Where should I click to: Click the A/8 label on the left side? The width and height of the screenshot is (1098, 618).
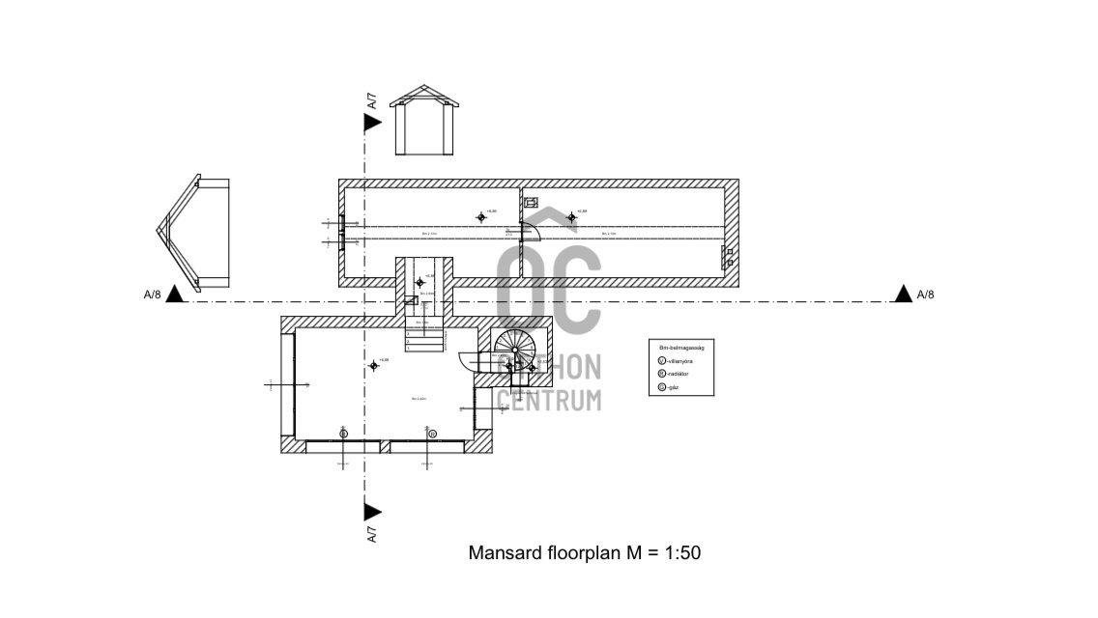[153, 295]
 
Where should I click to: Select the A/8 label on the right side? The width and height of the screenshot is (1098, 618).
[925, 295]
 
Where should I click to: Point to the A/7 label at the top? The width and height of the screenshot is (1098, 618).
[371, 100]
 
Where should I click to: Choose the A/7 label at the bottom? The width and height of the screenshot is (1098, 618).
[372, 534]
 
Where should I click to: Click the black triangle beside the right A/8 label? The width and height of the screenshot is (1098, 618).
[903, 294]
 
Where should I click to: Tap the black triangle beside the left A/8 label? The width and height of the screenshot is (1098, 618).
[175, 294]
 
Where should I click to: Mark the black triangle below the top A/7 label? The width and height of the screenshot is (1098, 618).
[372, 122]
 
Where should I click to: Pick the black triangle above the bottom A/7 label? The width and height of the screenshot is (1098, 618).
[372, 512]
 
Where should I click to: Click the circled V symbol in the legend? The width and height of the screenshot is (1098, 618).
[661, 360]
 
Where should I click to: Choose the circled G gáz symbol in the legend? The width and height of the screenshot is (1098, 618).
[661, 387]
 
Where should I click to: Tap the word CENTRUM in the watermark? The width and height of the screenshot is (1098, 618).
[548, 398]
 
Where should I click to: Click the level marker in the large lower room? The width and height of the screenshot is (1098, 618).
[374, 365]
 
